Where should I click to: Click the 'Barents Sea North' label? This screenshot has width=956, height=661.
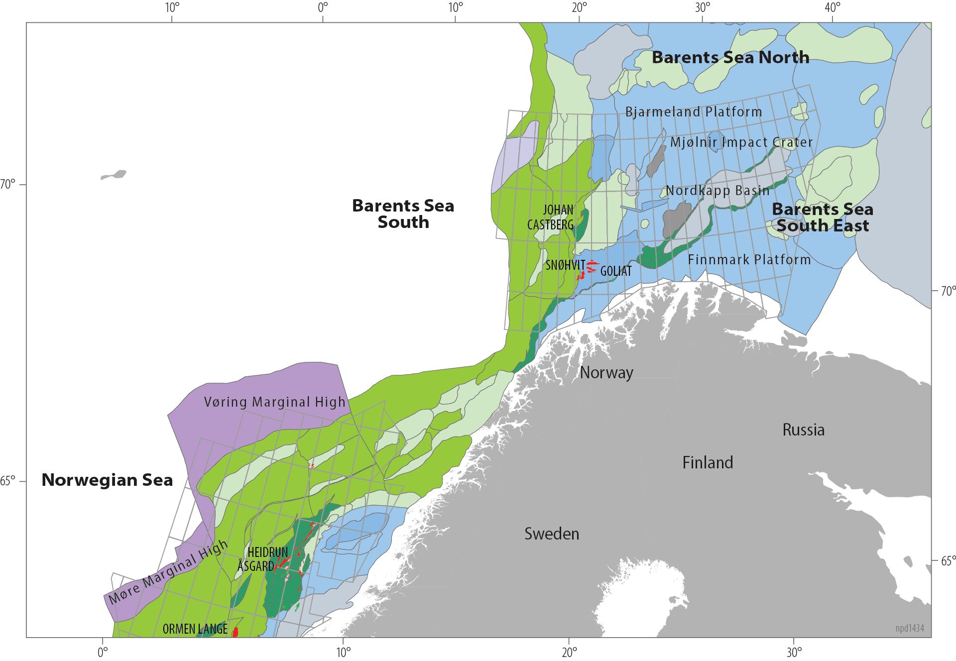[x=730, y=58]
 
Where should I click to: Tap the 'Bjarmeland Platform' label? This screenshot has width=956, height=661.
[x=694, y=112]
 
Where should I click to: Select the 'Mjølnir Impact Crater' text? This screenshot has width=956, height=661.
[x=741, y=142]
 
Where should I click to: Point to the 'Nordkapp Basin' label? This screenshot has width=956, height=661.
[x=717, y=191]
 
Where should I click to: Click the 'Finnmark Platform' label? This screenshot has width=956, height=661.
[x=749, y=260]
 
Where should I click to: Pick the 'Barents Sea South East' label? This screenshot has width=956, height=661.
[x=823, y=218]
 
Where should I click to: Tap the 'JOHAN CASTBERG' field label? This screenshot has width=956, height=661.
[x=551, y=218]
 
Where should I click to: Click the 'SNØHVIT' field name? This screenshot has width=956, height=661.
[x=565, y=265]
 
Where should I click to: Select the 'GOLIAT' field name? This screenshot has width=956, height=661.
[x=616, y=271]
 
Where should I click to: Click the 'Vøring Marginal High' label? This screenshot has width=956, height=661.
[x=274, y=402]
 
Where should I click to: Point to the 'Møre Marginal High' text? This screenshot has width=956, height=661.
[x=168, y=572]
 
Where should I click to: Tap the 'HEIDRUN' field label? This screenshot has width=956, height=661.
[x=268, y=552]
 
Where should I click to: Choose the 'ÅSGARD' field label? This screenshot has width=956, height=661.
[x=255, y=566]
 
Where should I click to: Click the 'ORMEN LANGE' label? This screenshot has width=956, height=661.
[x=195, y=629]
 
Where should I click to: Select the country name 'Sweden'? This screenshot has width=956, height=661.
[x=552, y=534]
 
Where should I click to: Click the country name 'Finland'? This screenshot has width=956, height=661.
[x=708, y=463]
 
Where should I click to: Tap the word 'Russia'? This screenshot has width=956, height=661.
[x=803, y=430]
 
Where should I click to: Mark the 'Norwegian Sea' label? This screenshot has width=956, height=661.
[x=107, y=480]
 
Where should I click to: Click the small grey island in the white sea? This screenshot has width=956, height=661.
[x=115, y=175]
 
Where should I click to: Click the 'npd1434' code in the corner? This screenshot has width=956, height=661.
[x=909, y=628]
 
